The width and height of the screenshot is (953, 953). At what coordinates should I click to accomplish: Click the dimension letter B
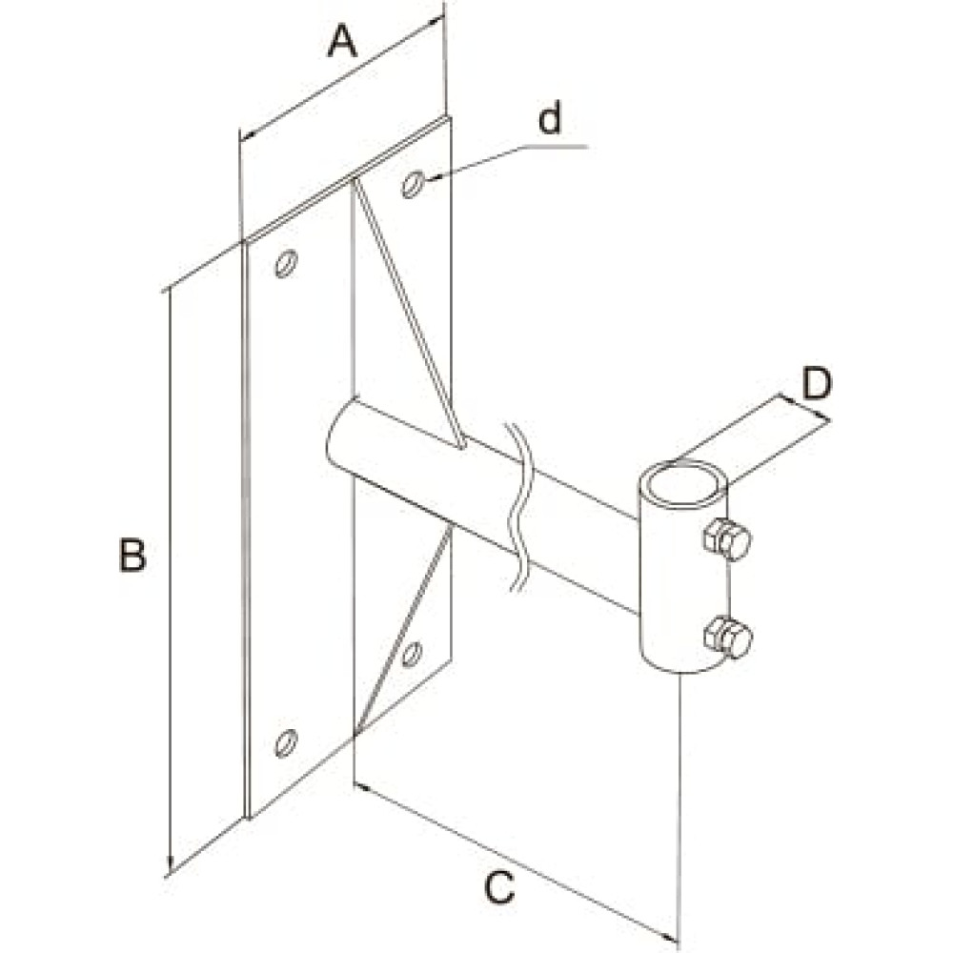[132, 555]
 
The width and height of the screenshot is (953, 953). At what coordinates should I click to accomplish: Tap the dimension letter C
[499, 887]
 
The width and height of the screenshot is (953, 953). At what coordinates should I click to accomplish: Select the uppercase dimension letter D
[816, 383]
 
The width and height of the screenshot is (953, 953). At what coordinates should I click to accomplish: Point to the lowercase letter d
[550, 118]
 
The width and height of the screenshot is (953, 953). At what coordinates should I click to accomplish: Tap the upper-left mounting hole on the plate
[286, 263]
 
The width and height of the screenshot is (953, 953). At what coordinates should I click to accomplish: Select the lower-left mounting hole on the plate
[286, 742]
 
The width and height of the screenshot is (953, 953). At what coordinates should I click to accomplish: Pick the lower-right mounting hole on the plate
[412, 654]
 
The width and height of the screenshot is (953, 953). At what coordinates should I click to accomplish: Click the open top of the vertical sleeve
[682, 483]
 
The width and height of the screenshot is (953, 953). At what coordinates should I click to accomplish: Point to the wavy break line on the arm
[517, 507]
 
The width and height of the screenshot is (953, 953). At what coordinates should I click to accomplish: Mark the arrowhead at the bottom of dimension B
[170, 867]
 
